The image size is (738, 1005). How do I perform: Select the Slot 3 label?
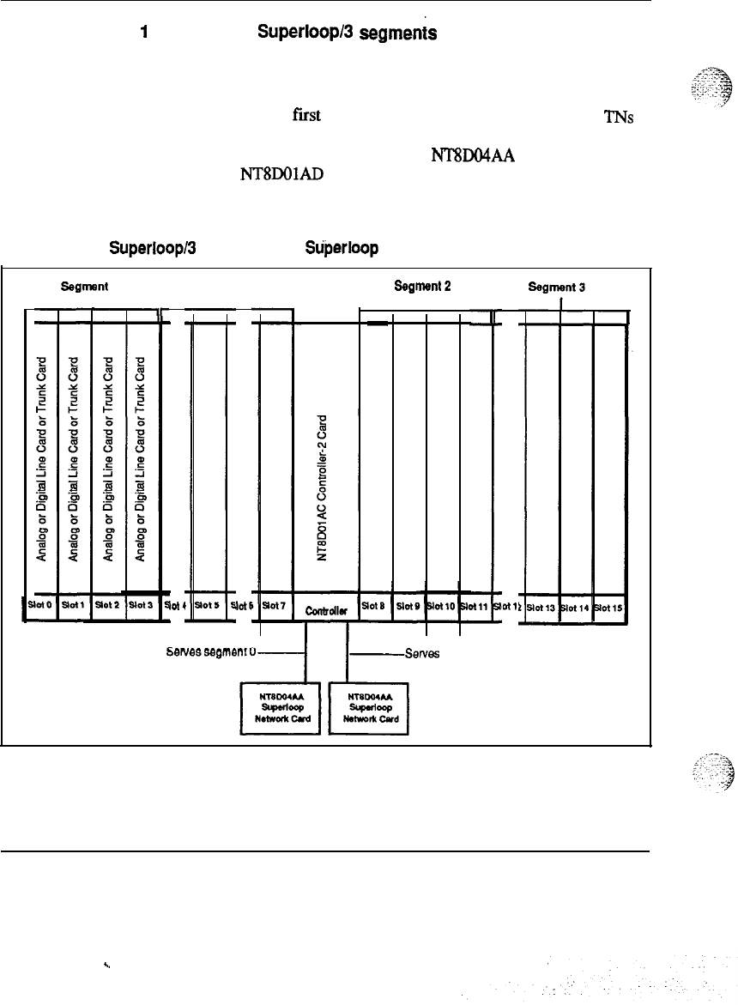click(141, 604)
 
